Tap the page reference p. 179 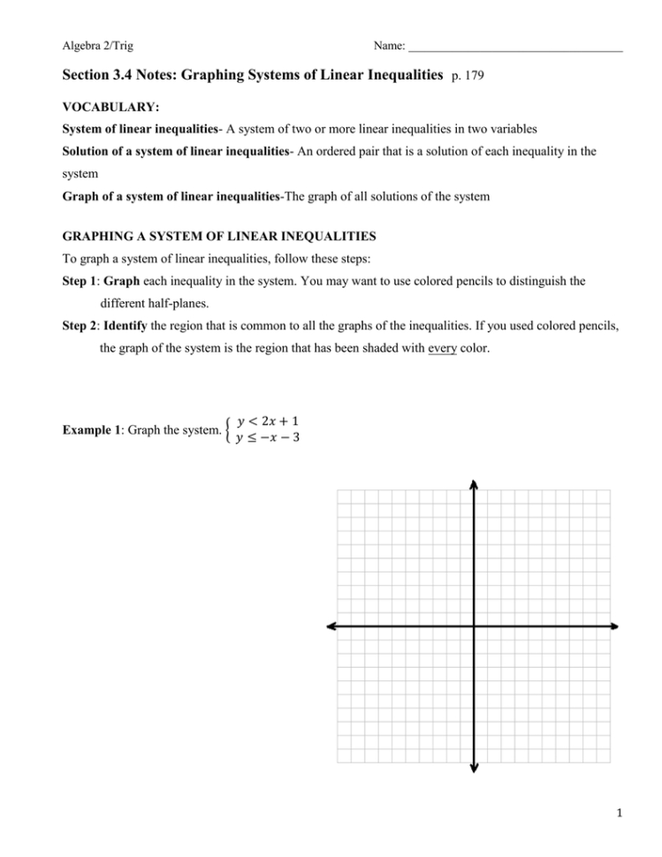(x=467, y=78)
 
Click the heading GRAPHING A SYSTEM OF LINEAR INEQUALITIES (x=219, y=237)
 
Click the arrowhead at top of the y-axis (x=475, y=483)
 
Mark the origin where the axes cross (x=475, y=626)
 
